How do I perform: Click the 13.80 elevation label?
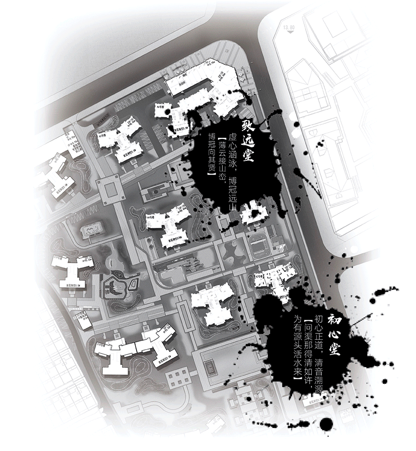click(289, 28)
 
